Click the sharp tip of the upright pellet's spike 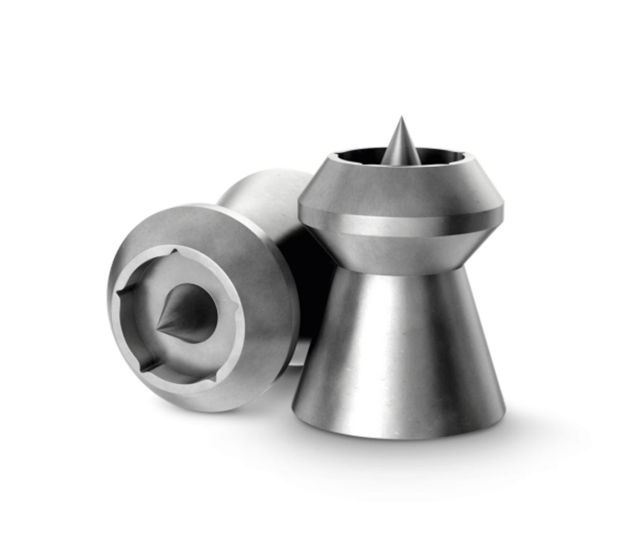coord(400,116)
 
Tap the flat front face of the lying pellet coord(252,252)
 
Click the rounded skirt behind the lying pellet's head coord(268,193)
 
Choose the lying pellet coord(204,300)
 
